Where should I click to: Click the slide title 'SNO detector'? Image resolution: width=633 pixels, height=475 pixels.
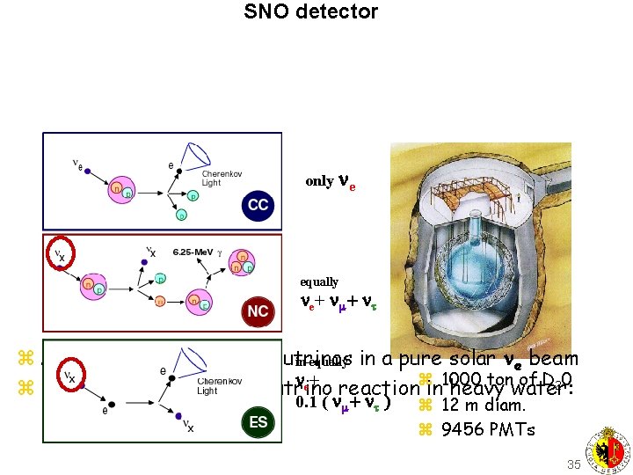(310, 12)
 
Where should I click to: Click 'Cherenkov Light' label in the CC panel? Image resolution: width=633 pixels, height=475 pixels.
(222, 179)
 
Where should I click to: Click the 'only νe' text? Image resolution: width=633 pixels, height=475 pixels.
(330, 181)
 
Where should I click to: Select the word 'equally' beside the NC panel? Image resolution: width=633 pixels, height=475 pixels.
(319, 282)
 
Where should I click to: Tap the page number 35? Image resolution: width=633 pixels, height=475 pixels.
(573, 464)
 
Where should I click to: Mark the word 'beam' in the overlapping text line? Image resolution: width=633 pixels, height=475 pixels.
(552, 359)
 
